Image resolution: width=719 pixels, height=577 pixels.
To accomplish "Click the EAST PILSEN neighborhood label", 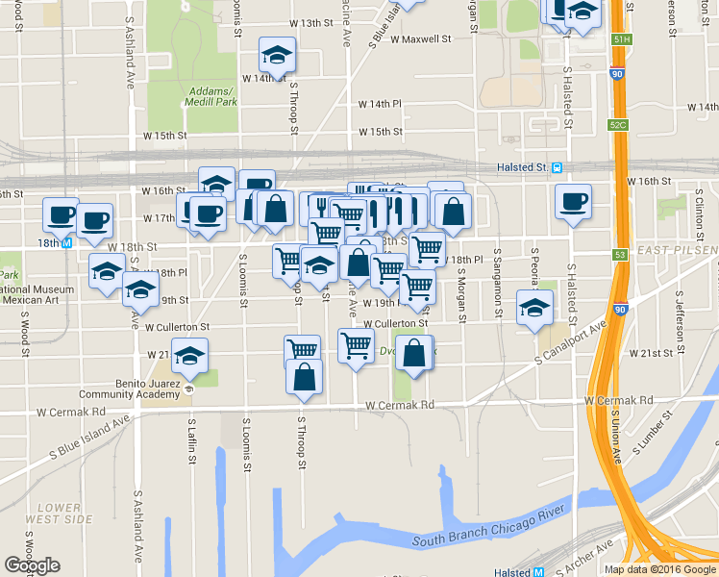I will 677,251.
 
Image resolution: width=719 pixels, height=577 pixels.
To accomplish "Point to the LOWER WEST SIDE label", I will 65,513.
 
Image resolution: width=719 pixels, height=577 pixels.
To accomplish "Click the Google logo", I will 32,565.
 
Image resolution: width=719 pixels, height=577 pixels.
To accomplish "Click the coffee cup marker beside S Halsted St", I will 573,201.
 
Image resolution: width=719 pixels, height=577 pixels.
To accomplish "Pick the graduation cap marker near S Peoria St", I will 534,308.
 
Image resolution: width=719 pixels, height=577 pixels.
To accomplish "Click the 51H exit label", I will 621,39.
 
